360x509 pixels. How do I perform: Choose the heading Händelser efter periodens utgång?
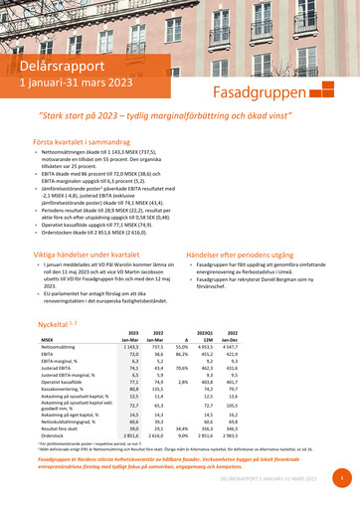(250, 255)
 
